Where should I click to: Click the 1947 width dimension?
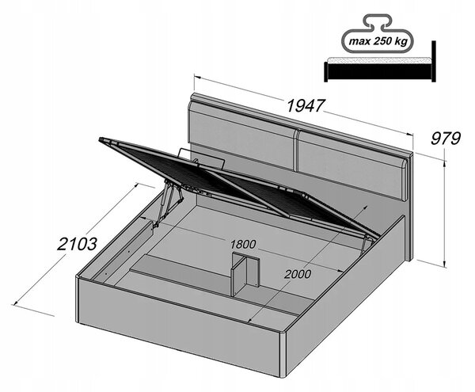pyautogui.click(x=306, y=105)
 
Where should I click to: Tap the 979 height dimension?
pyautogui.click(x=445, y=139)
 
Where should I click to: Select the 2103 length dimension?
pyautogui.click(x=78, y=244)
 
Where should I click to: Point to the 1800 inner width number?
pyautogui.click(x=243, y=244)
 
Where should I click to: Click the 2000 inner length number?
pyautogui.click(x=297, y=274)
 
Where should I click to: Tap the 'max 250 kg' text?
pyautogui.click(x=378, y=41)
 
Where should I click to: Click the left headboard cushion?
pyautogui.click(x=241, y=138)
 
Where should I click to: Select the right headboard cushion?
pyautogui.click(x=352, y=165)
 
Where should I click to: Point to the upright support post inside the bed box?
pyautogui.click(x=245, y=273)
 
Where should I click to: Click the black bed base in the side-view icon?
pyautogui.click(x=378, y=71)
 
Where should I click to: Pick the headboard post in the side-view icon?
pyautogui.click(x=434, y=61)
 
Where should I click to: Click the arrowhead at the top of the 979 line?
pyautogui.click(x=444, y=164)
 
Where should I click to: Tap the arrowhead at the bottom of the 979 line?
pyautogui.click(x=444, y=265)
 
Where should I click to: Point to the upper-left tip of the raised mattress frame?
pyautogui.click(x=100, y=139)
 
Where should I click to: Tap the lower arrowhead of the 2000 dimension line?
pyautogui.click(x=250, y=320)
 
